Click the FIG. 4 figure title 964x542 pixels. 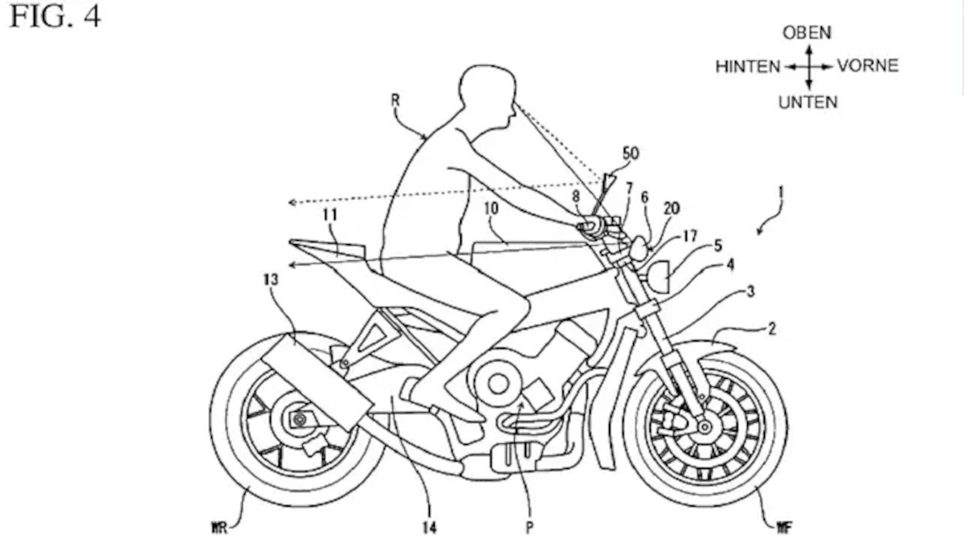click(55, 17)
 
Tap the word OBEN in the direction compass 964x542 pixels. click(807, 33)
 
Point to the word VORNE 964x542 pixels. click(868, 66)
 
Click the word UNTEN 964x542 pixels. click(807, 102)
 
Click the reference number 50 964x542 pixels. click(631, 153)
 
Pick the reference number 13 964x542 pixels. click(270, 280)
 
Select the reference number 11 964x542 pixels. click(329, 215)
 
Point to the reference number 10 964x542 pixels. click(492, 208)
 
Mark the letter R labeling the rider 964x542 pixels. click(396, 100)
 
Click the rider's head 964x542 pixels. click(486, 96)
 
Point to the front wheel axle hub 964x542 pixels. click(704, 426)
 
